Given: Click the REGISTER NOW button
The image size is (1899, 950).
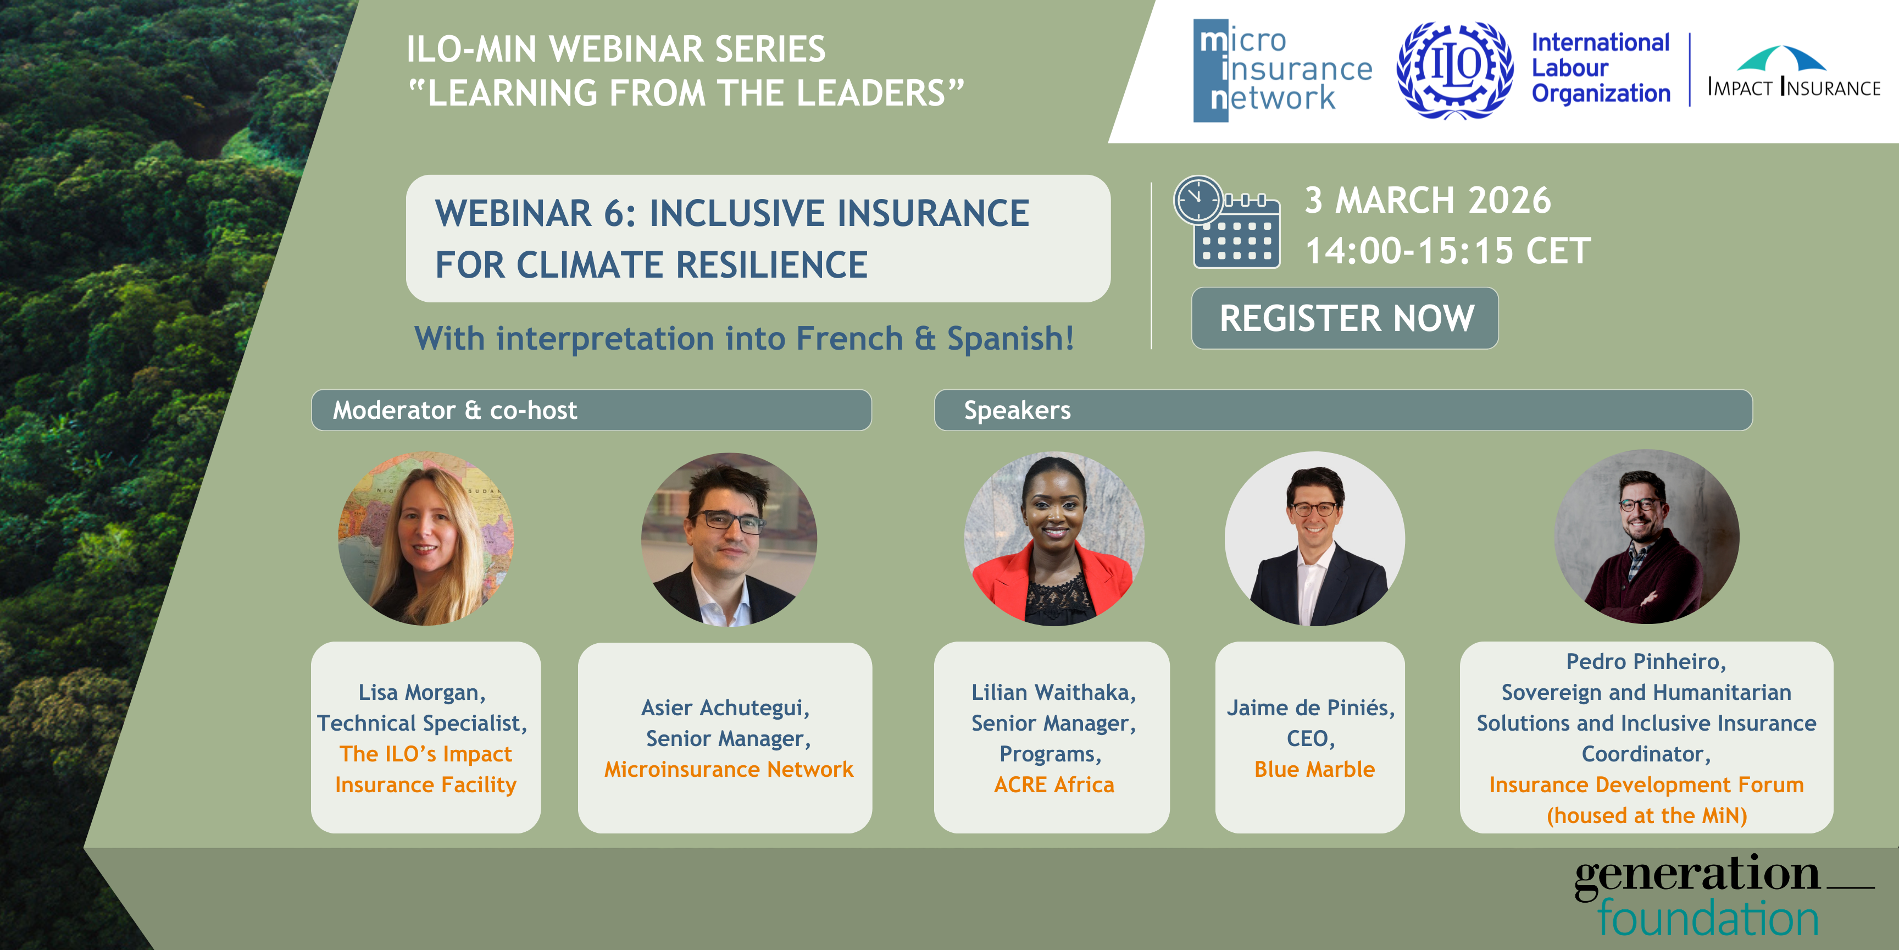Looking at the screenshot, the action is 1345,318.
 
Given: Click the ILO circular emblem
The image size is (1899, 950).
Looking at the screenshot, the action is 1454,70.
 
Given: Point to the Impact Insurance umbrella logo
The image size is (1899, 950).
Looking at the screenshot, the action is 1794,71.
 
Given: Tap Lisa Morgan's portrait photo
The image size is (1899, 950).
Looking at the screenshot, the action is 426,538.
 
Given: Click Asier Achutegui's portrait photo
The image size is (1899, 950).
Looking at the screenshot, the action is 729,539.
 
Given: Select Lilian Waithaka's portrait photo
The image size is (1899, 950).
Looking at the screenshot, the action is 1054,538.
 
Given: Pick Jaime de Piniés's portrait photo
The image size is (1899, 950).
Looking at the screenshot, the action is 1314,538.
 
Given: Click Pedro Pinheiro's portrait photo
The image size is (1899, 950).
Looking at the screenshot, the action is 1647,537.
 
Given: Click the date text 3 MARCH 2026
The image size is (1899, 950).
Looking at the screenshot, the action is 1428,200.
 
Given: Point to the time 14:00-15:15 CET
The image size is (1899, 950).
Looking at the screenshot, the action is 1448,251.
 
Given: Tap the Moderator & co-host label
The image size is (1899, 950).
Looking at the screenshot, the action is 455,410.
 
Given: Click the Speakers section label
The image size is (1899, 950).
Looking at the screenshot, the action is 1017,410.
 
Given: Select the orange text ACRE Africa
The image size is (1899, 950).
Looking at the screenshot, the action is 1054,785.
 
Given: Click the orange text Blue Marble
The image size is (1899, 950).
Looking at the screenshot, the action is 1314,769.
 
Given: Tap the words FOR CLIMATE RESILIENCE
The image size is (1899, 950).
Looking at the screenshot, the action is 652,265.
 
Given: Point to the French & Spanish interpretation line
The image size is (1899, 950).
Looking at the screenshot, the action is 745,339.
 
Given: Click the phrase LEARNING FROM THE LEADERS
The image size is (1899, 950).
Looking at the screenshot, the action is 686,93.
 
